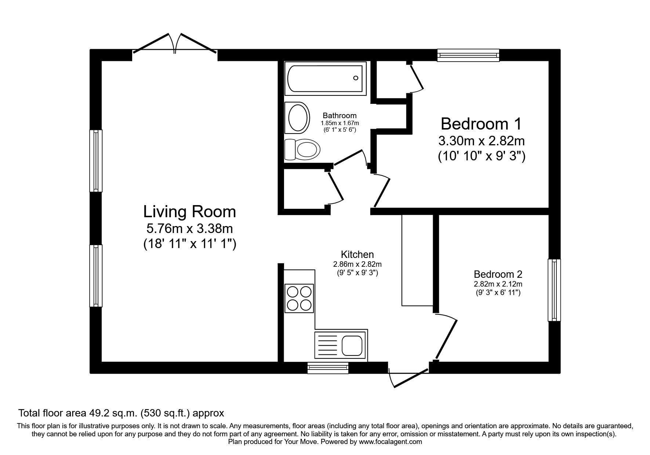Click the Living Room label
point(189,212)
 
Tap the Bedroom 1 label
point(481,124)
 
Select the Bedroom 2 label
point(498,274)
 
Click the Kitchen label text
point(357,254)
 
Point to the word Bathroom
point(339,116)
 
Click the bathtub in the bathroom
point(325,79)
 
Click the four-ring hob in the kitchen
point(299,298)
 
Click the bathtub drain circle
point(356,78)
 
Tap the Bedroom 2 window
point(554,290)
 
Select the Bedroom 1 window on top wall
point(468,55)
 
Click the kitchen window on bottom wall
point(328,368)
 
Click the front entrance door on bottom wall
point(408,378)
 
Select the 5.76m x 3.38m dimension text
point(189,229)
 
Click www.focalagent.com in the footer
point(390,442)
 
